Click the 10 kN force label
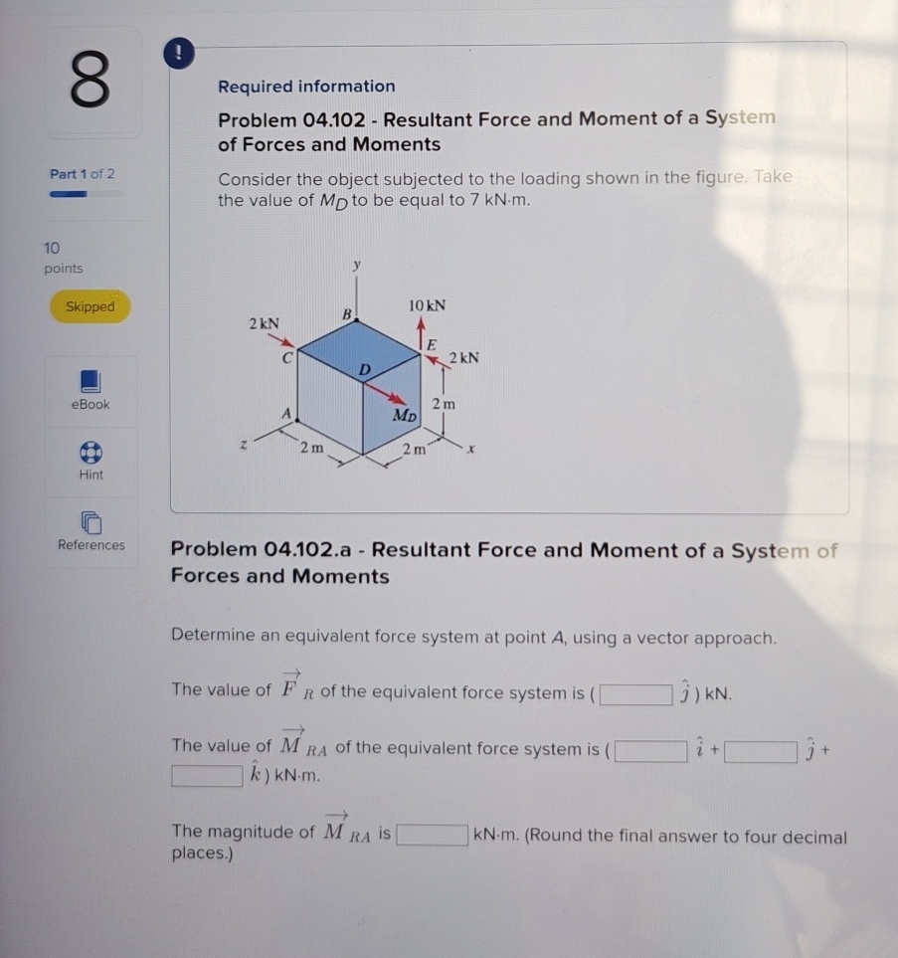pos(427,304)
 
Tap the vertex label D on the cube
pos(365,369)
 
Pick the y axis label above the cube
pos(356,266)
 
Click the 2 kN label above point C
pos(264,323)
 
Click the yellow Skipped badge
pos(90,307)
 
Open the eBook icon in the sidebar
pos(90,381)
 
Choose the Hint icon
pos(90,452)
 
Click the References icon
pos(90,521)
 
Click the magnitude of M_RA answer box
pos(433,835)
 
